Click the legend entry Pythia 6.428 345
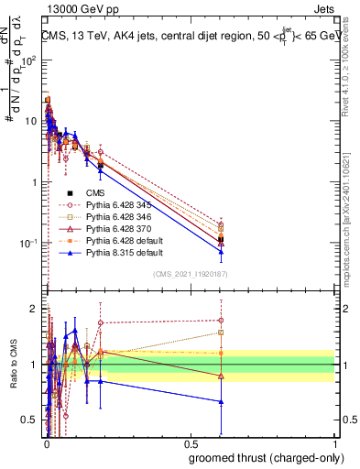coord(124,205)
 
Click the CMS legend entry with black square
coord(96,193)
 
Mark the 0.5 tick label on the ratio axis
coord(30,420)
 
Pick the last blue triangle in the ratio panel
coord(220,401)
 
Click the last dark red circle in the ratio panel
coord(220,321)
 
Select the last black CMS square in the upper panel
coord(220,240)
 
